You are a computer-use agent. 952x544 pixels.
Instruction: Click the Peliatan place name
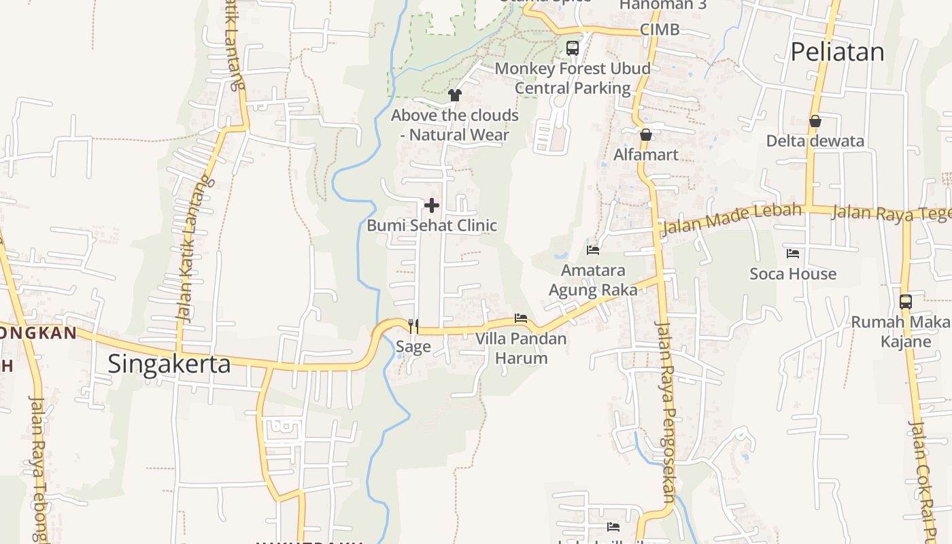pyautogui.click(x=837, y=52)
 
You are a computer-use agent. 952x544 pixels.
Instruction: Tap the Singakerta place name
pyautogui.click(x=169, y=364)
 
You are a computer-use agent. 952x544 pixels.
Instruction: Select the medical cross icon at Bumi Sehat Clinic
pyautogui.click(x=432, y=205)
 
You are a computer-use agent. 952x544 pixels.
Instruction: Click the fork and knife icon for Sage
pyautogui.click(x=413, y=326)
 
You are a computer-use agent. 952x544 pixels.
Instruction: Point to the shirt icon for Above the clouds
pyautogui.click(x=454, y=95)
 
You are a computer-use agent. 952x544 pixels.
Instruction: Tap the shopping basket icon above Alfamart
pyautogui.click(x=646, y=135)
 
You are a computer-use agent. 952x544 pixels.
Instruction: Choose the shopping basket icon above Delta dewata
pyautogui.click(x=815, y=121)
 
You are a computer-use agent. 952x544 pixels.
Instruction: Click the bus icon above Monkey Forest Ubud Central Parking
pyautogui.click(x=573, y=48)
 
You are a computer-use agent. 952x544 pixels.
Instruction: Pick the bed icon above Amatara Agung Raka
pyautogui.click(x=593, y=250)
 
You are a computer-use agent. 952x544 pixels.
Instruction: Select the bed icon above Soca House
pyautogui.click(x=793, y=254)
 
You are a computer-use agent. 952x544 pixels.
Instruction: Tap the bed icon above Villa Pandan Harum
pyautogui.click(x=521, y=318)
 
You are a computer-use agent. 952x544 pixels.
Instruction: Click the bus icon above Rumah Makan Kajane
pyautogui.click(x=905, y=301)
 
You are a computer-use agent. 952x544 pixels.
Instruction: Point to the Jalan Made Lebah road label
pyautogui.click(x=731, y=218)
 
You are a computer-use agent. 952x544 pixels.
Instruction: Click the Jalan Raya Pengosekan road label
pyautogui.click(x=664, y=411)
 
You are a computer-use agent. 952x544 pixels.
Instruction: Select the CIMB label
pyautogui.click(x=660, y=30)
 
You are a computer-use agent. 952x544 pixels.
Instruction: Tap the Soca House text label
pyautogui.click(x=793, y=274)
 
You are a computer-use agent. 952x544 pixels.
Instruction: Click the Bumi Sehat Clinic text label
pyautogui.click(x=432, y=225)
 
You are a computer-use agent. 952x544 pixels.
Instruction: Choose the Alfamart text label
pyautogui.click(x=646, y=155)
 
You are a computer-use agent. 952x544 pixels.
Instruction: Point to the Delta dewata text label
pyautogui.click(x=815, y=141)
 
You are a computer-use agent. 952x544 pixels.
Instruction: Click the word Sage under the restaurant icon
pyautogui.click(x=413, y=347)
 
